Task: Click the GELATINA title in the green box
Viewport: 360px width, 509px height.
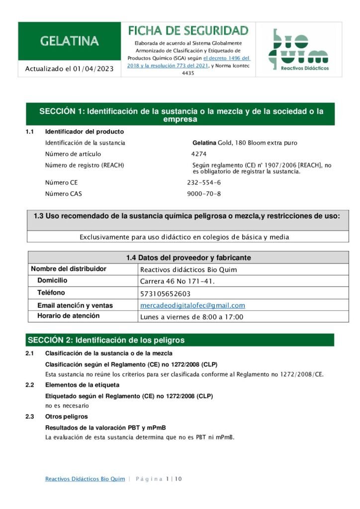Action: pos(69,41)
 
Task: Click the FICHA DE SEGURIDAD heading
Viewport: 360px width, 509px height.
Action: pos(188,31)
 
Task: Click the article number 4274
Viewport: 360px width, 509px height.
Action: pos(198,154)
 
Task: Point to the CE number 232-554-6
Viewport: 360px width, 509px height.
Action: pos(204,182)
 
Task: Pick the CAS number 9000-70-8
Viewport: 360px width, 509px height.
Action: pos(204,194)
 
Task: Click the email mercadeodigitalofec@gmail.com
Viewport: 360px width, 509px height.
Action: pos(192,305)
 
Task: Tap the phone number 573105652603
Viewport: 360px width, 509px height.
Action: pos(165,294)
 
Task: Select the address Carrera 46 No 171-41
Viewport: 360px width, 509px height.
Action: pos(178,282)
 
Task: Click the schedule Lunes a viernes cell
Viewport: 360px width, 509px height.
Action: pos(192,317)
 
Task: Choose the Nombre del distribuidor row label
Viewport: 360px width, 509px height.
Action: pos(69,269)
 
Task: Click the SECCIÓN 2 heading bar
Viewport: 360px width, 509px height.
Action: pos(180,340)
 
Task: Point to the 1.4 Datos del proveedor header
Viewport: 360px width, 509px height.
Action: pos(188,257)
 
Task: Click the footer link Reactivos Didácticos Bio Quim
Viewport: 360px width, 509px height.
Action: pos(85,479)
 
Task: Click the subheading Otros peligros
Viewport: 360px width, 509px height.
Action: pos(66,417)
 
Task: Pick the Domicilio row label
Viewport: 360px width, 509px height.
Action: pos(55,281)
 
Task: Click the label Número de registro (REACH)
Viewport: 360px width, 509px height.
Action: pos(85,165)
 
